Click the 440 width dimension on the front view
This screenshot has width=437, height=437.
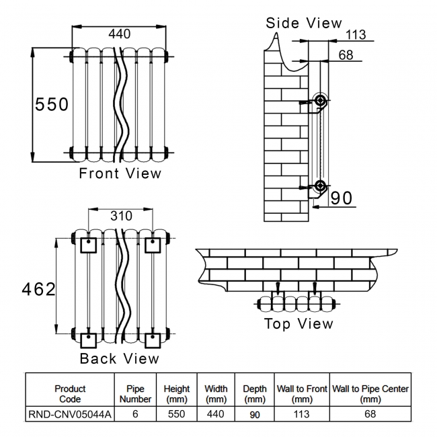(x=119, y=34)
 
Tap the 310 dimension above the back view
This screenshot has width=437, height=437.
(x=121, y=216)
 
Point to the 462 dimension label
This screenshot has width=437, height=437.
(x=39, y=289)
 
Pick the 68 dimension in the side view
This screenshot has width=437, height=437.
(x=346, y=56)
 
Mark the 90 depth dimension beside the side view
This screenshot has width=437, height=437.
(x=342, y=198)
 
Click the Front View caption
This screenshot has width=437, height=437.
(x=120, y=173)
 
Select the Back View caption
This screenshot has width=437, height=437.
(x=120, y=358)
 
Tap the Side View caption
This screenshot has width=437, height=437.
(x=304, y=23)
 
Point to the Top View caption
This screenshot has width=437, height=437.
(x=299, y=324)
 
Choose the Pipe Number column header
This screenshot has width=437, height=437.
(x=135, y=393)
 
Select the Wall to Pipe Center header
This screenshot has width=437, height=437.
(x=370, y=393)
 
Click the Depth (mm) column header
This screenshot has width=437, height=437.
(x=255, y=393)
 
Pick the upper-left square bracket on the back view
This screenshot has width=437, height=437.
(x=88, y=245)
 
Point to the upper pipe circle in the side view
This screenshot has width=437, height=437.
(x=321, y=101)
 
